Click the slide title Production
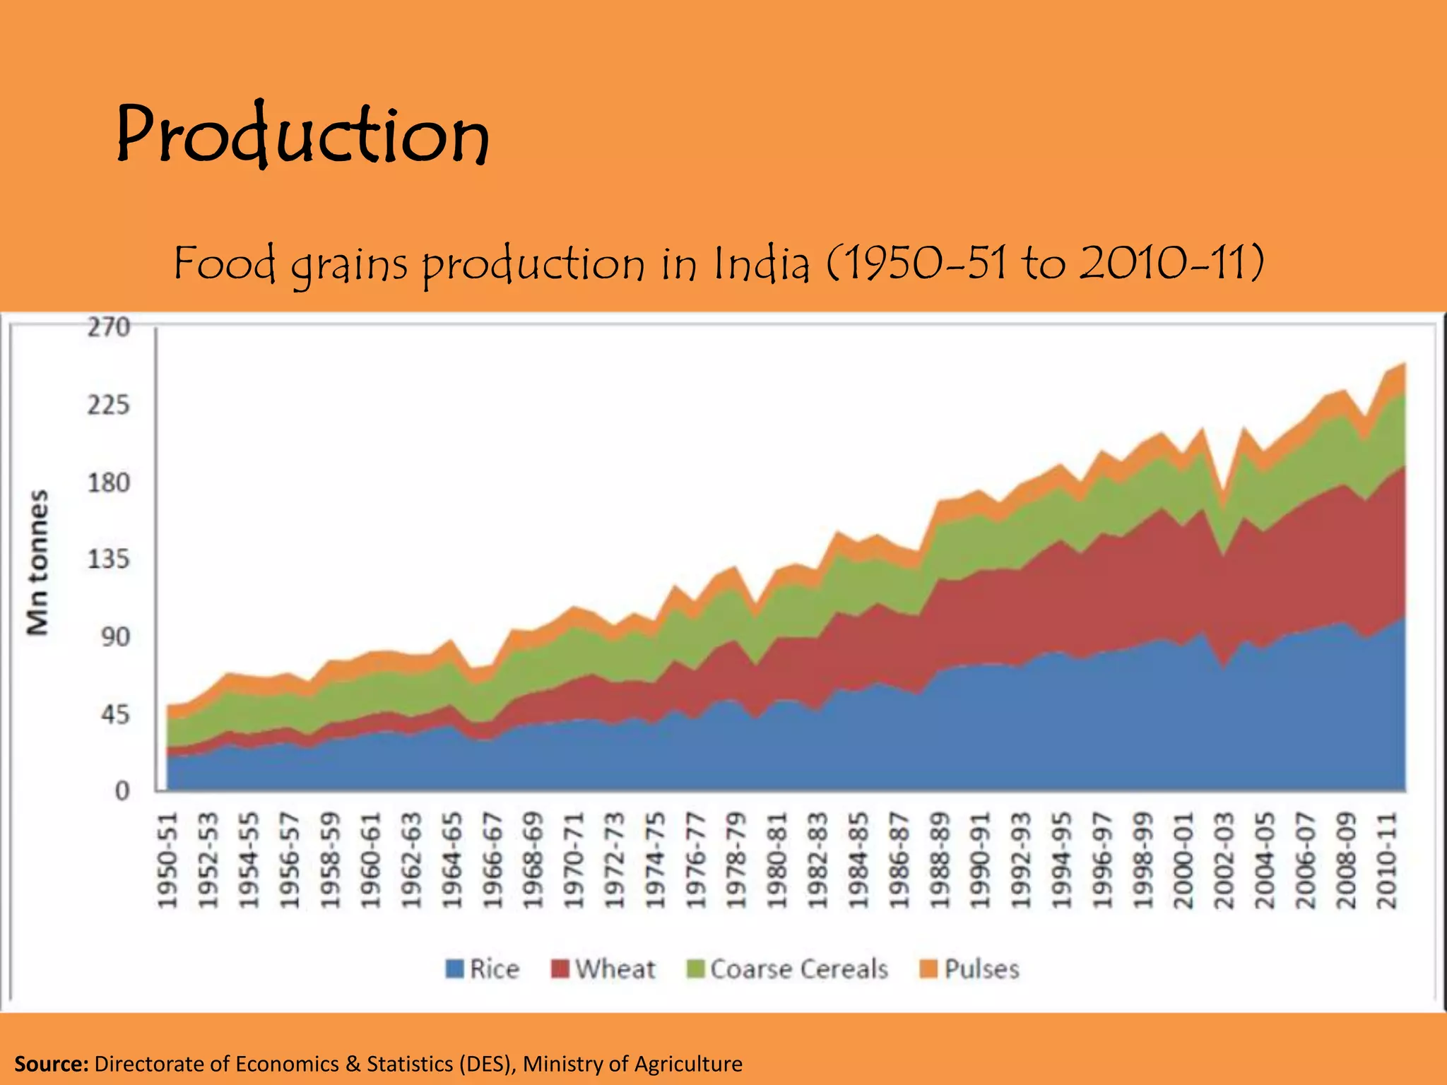tap(302, 134)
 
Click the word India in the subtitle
tap(761, 263)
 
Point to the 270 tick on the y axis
tap(109, 328)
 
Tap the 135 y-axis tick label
tap(109, 559)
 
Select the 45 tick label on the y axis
tap(115, 714)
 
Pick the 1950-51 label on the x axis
tap(167, 860)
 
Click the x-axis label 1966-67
tap(492, 860)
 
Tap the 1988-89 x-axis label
tap(940, 860)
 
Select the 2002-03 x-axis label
tap(1224, 860)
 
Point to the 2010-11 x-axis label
tap(1387, 860)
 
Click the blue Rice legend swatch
tap(454, 968)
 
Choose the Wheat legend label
tap(615, 968)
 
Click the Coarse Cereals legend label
tap(799, 968)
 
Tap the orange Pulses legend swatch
tap(928, 968)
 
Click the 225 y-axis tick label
tap(109, 405)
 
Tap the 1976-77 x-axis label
tap(696, 860)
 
